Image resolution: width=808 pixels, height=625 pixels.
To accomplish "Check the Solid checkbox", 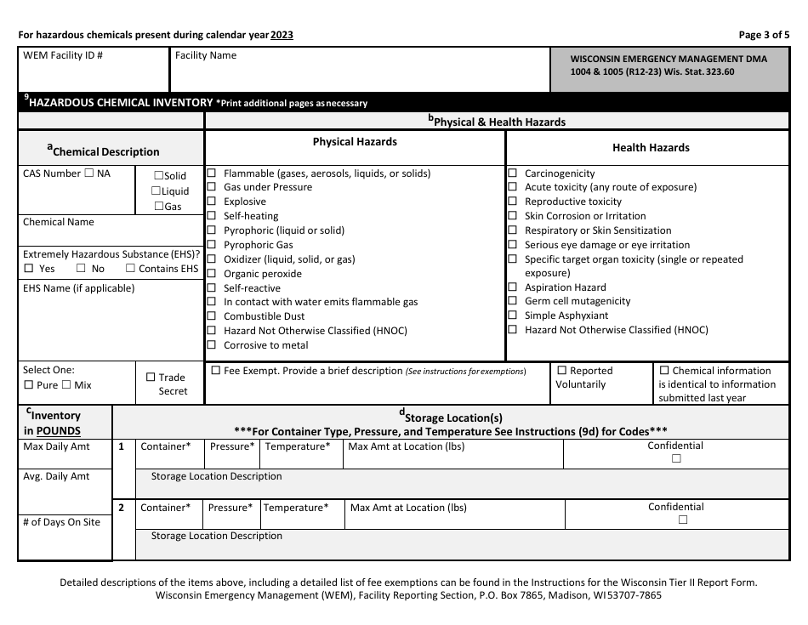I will tap(158, 176).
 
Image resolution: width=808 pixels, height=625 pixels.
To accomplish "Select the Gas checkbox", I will tap(158, 207).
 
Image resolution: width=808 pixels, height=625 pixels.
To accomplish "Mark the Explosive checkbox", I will tap(212, 202).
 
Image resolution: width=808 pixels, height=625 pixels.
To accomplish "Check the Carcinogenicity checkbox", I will tap(512, 173).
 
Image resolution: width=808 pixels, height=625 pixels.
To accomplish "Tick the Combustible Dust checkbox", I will tap(212, 316).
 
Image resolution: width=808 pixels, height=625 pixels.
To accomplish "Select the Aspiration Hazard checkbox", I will tap(512, 287).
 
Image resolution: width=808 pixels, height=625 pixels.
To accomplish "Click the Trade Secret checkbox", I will tap(151, 378).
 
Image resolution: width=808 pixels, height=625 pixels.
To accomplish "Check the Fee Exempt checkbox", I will tap(215, 371).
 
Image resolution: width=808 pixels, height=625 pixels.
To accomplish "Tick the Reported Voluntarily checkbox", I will tap(561, 371).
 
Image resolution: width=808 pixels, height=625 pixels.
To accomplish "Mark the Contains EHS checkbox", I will tap(130, 269).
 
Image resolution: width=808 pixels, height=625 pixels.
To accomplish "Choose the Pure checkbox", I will tap(28, 385).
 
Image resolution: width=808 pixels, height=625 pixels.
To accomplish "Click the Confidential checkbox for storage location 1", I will tap(676, 459).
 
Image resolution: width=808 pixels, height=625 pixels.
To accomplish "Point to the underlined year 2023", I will tap(282, 35).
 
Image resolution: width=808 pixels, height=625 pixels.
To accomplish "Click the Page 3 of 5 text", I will tap(764, 35).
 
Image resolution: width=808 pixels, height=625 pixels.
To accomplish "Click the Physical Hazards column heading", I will tap(355, 142).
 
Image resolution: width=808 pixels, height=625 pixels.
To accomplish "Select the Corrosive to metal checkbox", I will tap(212, 345).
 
